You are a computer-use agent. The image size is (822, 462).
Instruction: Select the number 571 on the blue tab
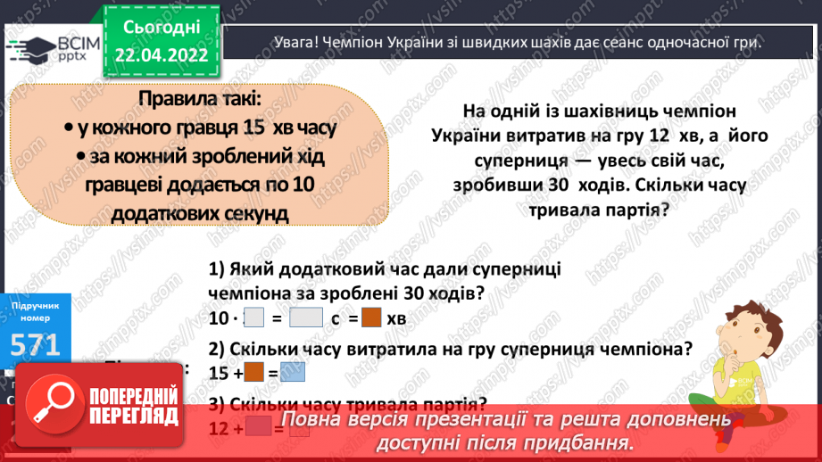pos(36,344)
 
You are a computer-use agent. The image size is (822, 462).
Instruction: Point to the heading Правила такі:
pos(198,96)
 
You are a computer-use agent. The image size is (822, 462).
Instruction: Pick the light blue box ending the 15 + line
pos(292,372)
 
